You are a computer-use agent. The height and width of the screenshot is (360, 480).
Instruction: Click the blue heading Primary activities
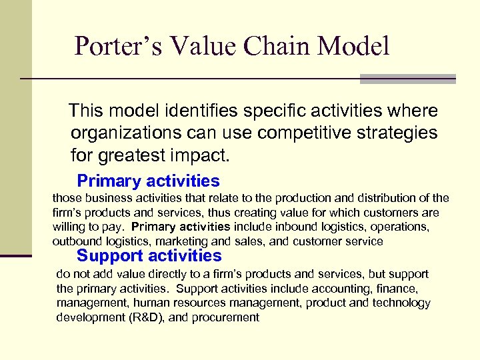point(148,181)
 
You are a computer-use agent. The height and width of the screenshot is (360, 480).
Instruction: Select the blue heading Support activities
point(149,255)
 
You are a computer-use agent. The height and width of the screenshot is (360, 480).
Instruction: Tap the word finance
point(399,289)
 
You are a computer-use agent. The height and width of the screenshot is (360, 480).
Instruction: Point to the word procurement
point(225,318)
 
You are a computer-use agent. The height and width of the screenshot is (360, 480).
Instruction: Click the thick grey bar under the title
point(407,79)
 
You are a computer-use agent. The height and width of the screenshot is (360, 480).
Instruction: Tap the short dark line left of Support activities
point(16,255)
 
